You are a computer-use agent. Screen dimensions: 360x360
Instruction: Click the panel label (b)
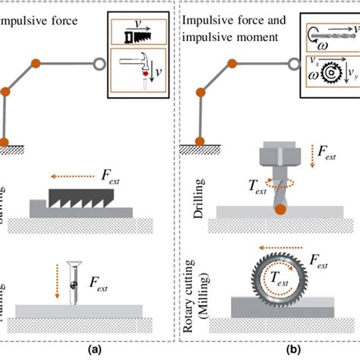(269, 350)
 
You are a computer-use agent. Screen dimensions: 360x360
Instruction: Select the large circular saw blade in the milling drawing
(278, 279)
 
